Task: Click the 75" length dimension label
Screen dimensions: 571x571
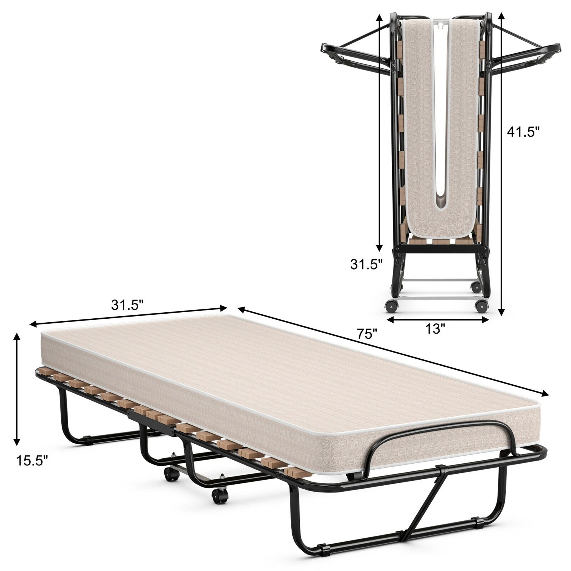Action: [367, 335]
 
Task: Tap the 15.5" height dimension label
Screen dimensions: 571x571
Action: [32, 461]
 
